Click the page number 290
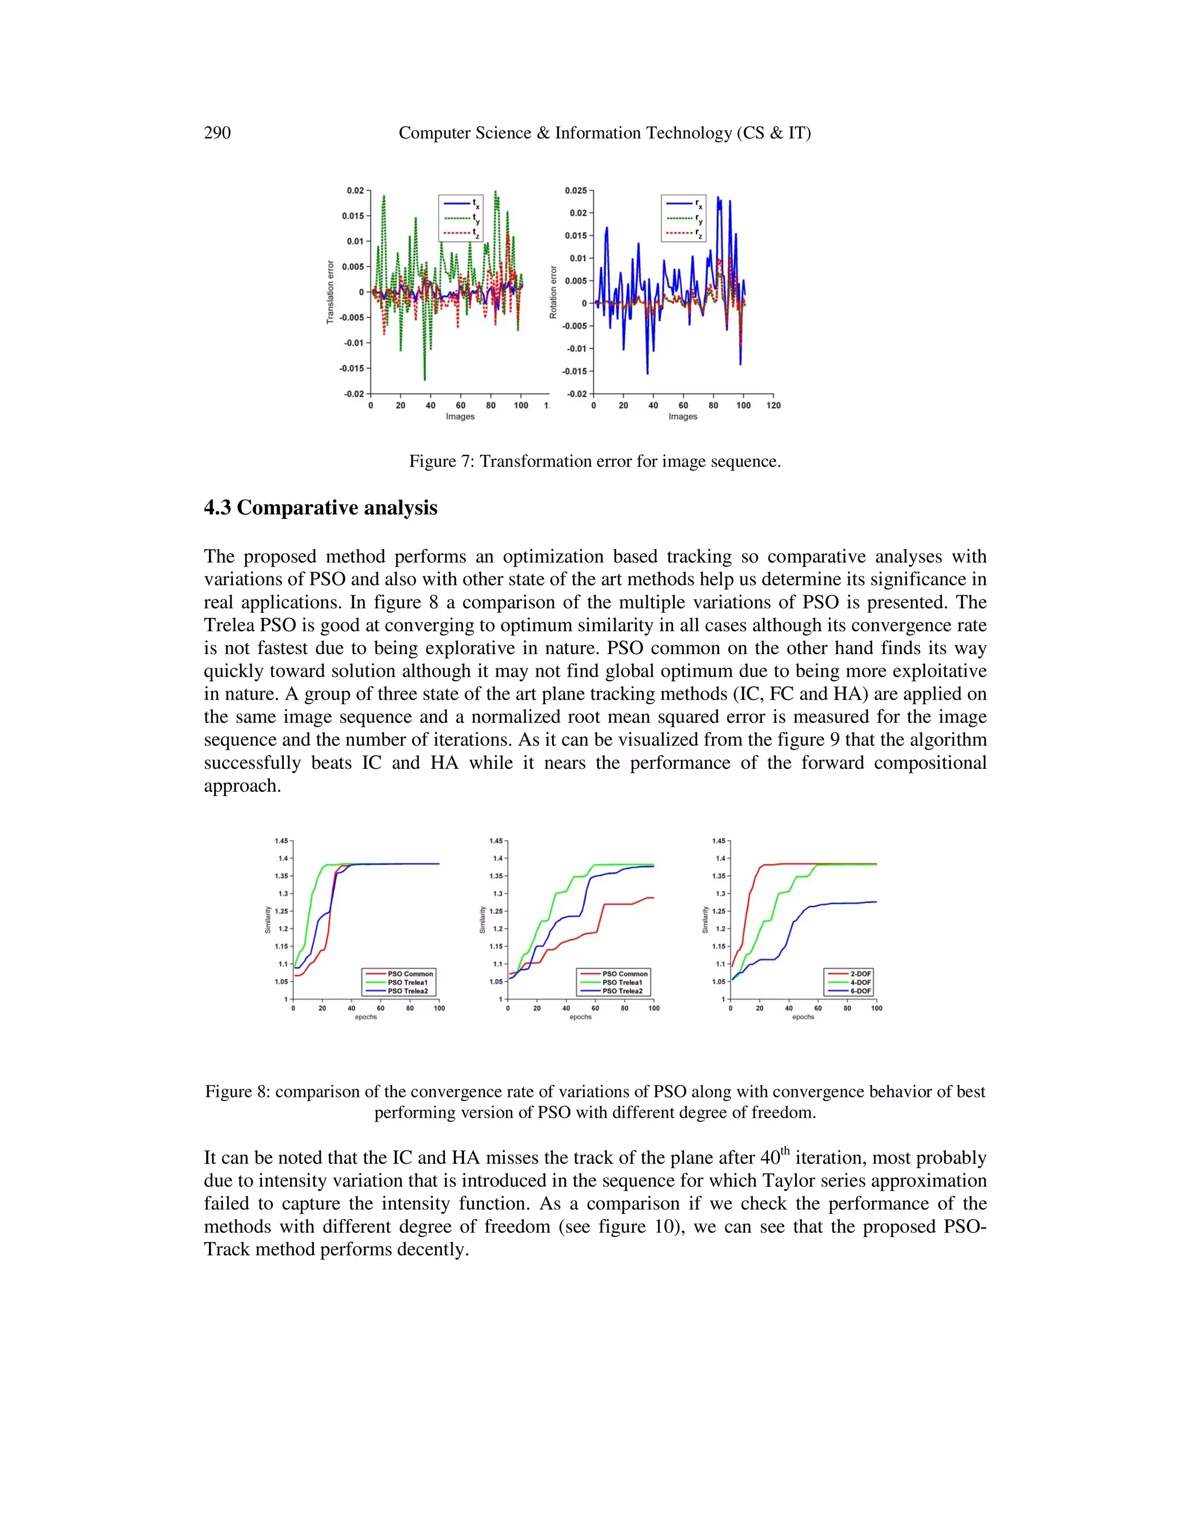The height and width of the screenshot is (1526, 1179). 217,133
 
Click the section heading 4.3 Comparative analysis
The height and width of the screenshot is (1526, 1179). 320,507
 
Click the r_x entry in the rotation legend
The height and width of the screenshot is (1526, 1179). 684,203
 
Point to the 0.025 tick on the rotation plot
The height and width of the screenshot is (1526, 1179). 576,190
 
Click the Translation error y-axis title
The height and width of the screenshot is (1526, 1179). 330,292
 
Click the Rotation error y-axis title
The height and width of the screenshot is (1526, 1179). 553,292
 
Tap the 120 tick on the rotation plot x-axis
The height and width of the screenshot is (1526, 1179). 773,405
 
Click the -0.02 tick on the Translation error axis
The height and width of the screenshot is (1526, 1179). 353,394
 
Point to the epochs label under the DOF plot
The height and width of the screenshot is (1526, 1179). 803,1016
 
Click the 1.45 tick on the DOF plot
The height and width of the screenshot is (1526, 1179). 718,841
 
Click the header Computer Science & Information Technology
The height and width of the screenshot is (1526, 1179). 604,133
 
